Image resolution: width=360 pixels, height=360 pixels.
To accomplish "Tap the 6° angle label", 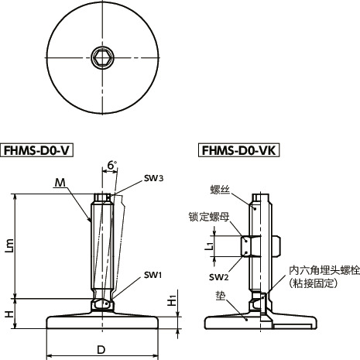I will (111, 166).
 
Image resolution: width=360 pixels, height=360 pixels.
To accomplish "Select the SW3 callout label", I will (153, 178).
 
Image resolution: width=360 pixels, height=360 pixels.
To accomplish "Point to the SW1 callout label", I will (153, 276).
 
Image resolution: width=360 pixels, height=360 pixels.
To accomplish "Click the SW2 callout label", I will (219, 276).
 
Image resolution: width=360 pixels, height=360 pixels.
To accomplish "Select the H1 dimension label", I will (173, 300).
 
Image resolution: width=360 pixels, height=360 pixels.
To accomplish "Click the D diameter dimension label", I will (101, 350).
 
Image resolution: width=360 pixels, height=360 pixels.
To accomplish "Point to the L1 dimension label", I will (209, 246).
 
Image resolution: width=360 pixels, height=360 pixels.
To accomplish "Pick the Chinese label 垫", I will (221, 295).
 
